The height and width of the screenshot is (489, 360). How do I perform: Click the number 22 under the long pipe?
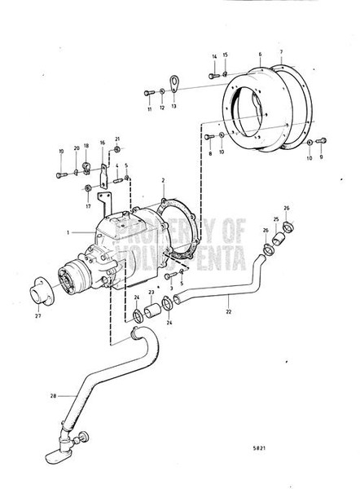pyautogui.click(x=229, y=310)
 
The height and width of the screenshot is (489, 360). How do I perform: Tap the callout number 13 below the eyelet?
pyautogui.click(x=173, y=107)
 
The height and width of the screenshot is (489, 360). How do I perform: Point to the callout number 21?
pyautogui.click(x=117, y=139)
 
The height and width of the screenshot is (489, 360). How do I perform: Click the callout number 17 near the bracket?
pyautogui.click(x=87, y=206)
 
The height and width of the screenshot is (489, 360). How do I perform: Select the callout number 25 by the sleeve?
pyautogui.click(x=275, y=221)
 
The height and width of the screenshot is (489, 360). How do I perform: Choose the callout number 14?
pyautogui.click(x=214, y=56)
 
